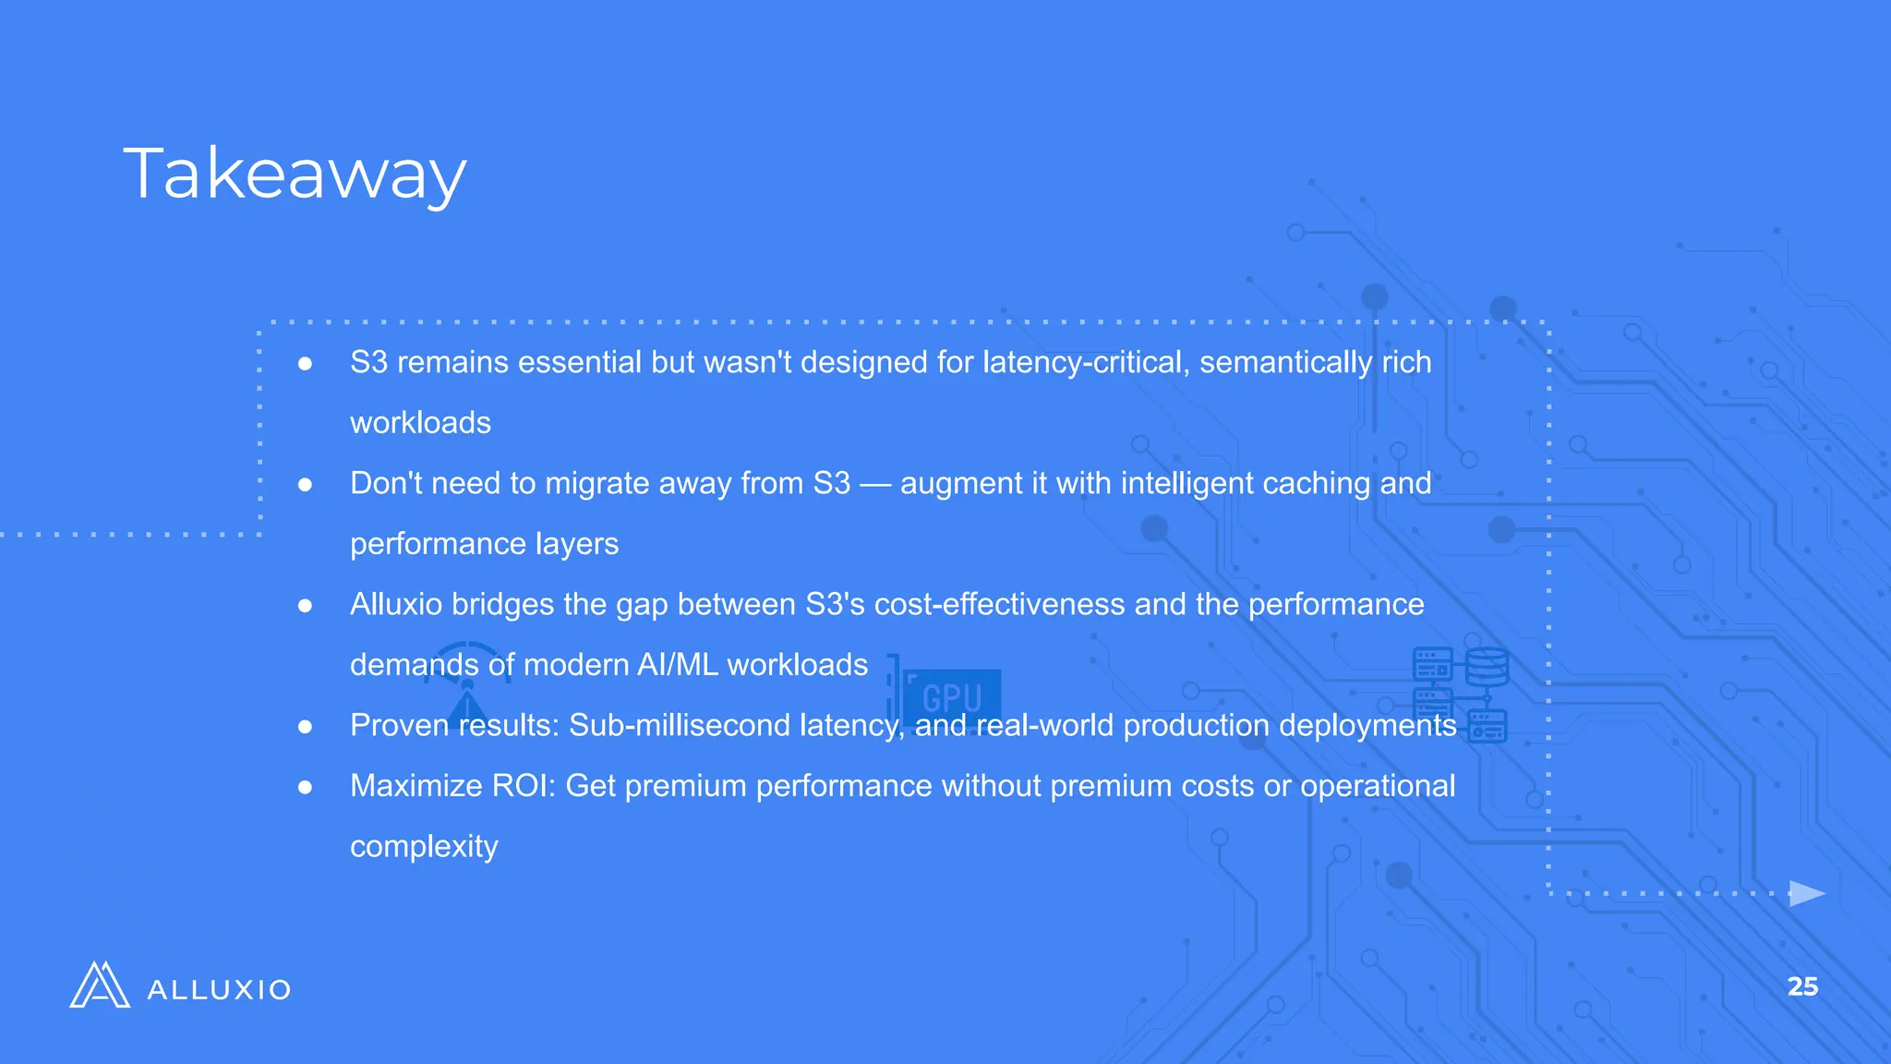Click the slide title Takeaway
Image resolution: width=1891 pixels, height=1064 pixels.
(295, 173)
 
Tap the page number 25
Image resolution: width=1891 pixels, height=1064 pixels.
(1802, 986)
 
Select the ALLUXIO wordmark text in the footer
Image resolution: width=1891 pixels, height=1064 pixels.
(219, 990)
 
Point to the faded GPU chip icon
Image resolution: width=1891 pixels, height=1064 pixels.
(951, 695)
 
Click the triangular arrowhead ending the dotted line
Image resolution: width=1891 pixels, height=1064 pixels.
(1806, 893)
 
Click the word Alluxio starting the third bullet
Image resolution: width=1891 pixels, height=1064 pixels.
(396, 604)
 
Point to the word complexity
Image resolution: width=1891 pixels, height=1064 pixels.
(424, 846)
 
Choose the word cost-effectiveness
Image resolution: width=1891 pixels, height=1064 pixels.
(1000, 604)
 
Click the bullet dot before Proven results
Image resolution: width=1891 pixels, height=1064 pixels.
(305, 727)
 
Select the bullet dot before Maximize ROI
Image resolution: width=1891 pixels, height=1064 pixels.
(305, 787)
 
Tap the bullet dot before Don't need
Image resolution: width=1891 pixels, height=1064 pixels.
(305, 485)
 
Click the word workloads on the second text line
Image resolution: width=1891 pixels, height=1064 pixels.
(420, 423)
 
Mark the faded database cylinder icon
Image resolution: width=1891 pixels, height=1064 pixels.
(1487, 666)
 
